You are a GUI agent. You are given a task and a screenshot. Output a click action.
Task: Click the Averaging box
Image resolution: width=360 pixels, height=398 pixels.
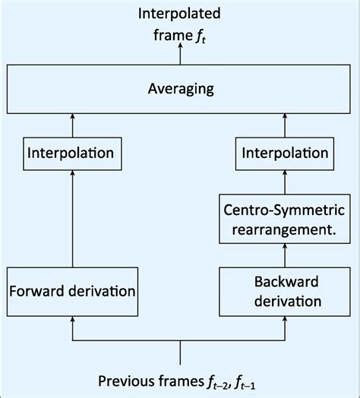coord(180,89)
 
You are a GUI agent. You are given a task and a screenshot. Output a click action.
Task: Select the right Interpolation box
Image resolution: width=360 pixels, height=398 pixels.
coord(286,153)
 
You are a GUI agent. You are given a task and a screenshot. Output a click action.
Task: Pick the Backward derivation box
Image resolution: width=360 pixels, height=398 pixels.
coord(286,291)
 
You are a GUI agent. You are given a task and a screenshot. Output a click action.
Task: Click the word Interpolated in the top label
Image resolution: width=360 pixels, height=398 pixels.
coord(180,13)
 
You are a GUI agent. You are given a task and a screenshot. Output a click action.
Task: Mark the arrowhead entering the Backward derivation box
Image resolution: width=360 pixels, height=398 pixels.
coord(286,322)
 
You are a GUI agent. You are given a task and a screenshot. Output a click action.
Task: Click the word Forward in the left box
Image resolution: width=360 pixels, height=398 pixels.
coord(38,291)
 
